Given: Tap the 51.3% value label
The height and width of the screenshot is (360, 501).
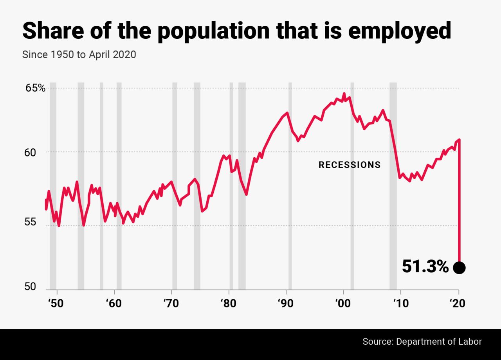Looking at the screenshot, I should tap(425, 267).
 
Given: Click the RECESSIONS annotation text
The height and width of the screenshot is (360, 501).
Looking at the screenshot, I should tap(350, 165).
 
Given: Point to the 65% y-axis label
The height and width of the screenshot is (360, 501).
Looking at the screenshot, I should tap(36, 88).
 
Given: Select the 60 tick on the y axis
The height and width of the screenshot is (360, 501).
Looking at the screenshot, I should tap(31, 152).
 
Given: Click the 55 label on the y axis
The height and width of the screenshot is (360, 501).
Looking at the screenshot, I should tap(31, 222).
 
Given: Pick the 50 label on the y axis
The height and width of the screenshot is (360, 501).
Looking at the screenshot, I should tap(31, 287).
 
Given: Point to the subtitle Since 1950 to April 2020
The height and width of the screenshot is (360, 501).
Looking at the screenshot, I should tap(79, 54).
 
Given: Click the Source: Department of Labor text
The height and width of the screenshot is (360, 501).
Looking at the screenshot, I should tap(422, 341).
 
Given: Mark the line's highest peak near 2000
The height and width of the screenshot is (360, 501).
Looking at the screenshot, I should tap(344, 94).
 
